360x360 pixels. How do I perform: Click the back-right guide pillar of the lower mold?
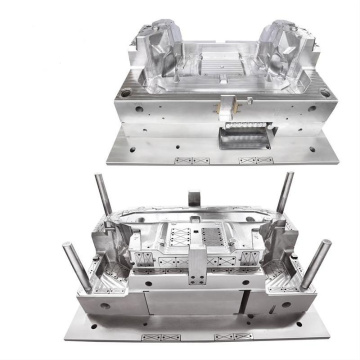pyautogui.click(x=287, y=194)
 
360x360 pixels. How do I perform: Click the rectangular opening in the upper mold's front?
pyautogui.click(x=243, y=134)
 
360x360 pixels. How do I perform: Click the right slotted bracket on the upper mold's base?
pyautogui.click(x=257, y=160)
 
